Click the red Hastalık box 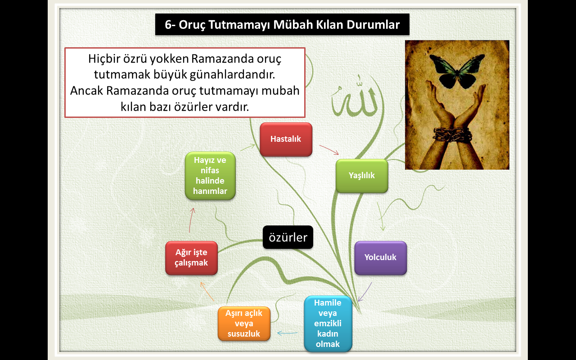(x=286, y=139)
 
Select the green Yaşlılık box (x=362, y=176)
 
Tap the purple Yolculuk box (x=381, y=258)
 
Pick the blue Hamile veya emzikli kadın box (x=328, y=324)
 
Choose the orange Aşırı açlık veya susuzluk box (x=244, y=324)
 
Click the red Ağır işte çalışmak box (x=191, y=258)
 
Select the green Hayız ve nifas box (x=210, y=176)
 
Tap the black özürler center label (x=288, y=237)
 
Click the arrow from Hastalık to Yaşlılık (x=329, y=150)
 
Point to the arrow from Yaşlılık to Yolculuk (x=381, y=216)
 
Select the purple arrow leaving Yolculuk (x=365, y=292)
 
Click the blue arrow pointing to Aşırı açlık (x=287, y=333)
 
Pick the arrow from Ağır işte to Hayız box (x=191, y=220)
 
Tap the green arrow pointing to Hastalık (x=247, y=147)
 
